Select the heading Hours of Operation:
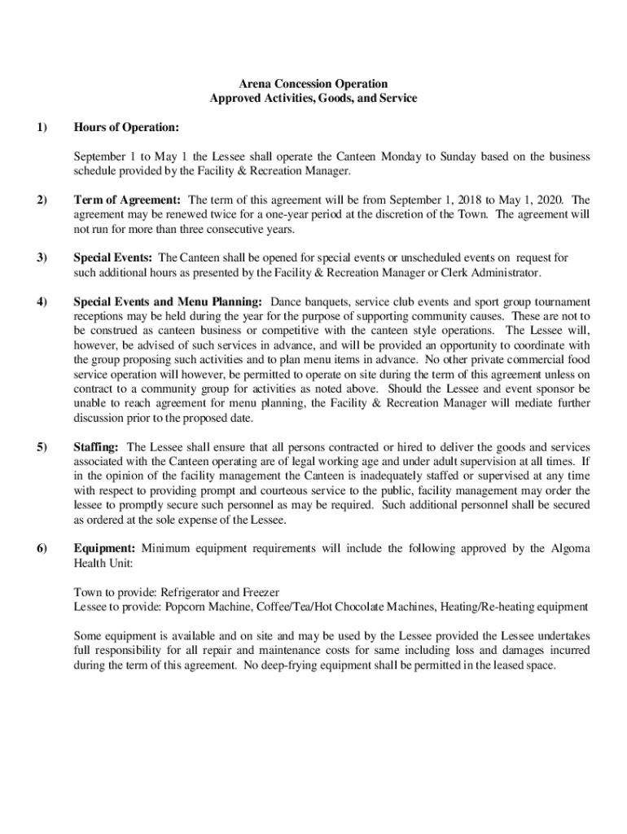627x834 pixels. click(x=126, y=128)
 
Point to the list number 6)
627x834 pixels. click(x=42, y=548)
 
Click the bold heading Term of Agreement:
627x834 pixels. click(x=127, y=200)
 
